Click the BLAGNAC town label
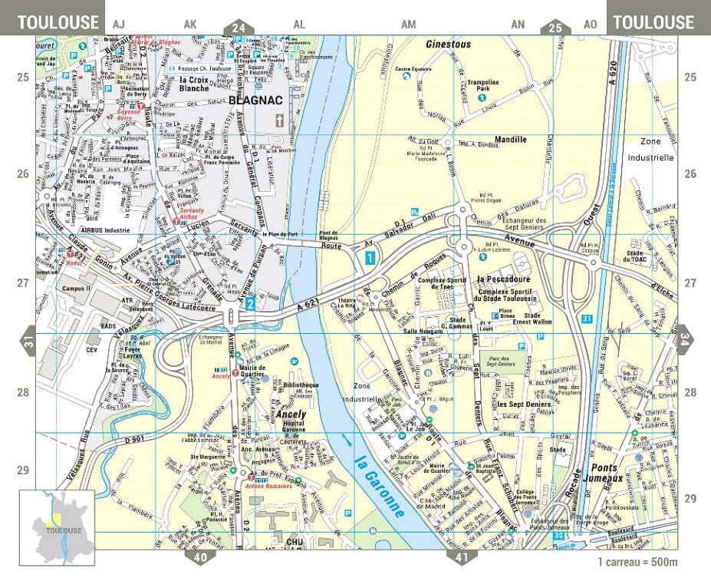point(255,100)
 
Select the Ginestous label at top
point(448,45)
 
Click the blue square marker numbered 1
point(370,258)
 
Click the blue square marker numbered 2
point(250,304)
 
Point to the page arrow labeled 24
point(239,28)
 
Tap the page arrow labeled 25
point(555,28)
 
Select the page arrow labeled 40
point(200,557)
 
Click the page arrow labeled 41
point(461,557)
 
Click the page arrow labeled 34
point(685,336)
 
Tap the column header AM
point(408,25)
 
